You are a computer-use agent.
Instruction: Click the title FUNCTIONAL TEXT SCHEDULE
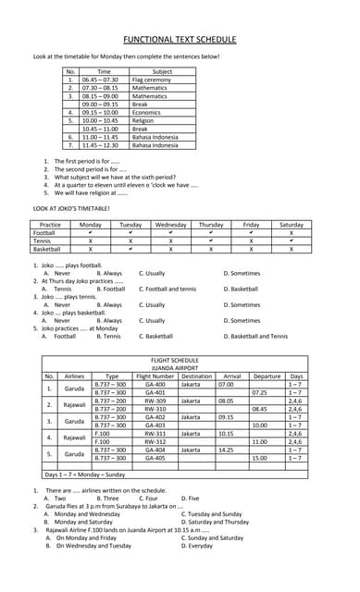180,41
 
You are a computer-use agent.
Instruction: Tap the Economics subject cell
147,112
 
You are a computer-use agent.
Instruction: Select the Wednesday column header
171,224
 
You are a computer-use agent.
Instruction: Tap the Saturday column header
291,224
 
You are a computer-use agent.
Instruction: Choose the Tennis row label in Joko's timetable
43,240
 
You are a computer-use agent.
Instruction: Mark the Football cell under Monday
90,232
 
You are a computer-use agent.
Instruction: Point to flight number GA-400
155,384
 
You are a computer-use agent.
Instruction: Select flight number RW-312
155,441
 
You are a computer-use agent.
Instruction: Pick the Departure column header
267,376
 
